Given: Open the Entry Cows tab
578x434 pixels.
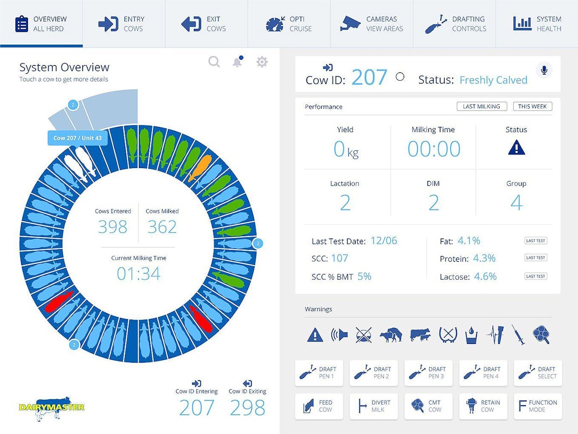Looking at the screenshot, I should coord(124,24).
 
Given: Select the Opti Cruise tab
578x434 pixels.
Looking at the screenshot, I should coord(289,24).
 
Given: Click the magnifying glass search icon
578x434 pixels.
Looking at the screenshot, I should coord(214,62).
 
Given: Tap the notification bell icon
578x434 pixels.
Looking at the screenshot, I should coord(238,62).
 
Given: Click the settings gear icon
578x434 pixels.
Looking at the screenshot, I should coord(262,62).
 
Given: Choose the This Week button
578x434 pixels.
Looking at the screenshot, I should coord(532,106).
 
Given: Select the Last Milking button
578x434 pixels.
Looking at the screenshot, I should coord(482,106).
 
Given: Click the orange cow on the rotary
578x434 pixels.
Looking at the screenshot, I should coord(200,168).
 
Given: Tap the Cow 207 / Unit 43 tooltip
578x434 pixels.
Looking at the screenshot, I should coord(77,138).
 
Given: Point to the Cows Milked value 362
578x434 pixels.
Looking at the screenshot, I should coord(162,227).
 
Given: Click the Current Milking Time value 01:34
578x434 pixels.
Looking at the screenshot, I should coord(138,274).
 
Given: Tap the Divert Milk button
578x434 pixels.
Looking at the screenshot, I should coord(373,406).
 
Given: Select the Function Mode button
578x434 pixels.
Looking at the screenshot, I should coord(537,406).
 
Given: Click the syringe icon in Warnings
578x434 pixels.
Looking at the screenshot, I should coord(518,335).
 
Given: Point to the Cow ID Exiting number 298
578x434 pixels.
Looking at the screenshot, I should coord(248,408).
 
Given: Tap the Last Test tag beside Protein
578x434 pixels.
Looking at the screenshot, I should coord(536,258).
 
